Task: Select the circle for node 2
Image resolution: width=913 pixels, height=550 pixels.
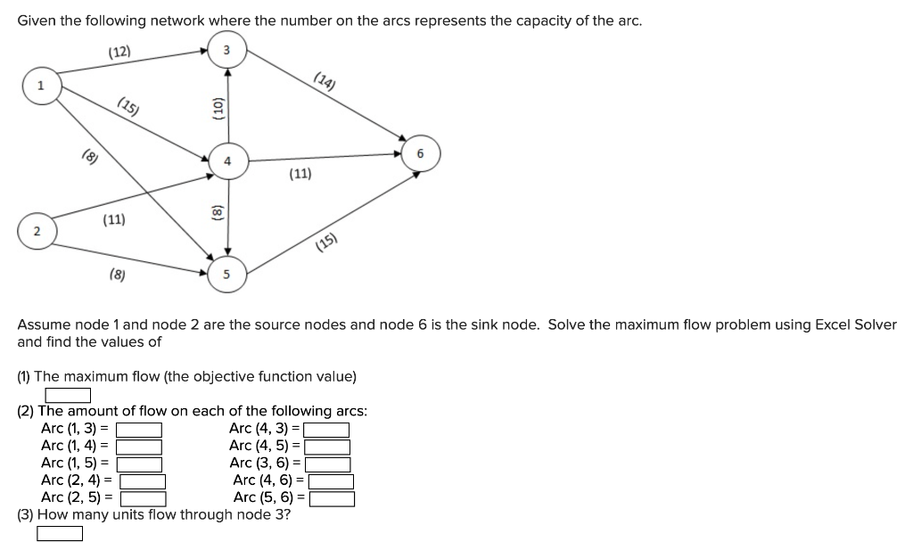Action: [36, 232]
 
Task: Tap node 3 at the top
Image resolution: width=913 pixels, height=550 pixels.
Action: [226, 51]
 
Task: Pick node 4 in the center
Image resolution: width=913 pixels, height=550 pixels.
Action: [227, 161]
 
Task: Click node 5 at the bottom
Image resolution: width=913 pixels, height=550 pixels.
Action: [226, 275]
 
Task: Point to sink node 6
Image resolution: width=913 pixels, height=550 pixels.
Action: [421, 153]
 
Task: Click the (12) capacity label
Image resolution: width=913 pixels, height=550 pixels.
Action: [119, 53]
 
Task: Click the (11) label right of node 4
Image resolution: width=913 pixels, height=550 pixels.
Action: [300, 175]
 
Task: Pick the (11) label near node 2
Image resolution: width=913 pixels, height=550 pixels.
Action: [113, 219]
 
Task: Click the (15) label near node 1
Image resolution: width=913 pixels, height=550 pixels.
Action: [128, 110]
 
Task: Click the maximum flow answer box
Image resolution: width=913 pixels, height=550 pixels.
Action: [69, 394]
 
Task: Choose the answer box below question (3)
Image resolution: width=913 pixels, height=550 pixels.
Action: [60, 533]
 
